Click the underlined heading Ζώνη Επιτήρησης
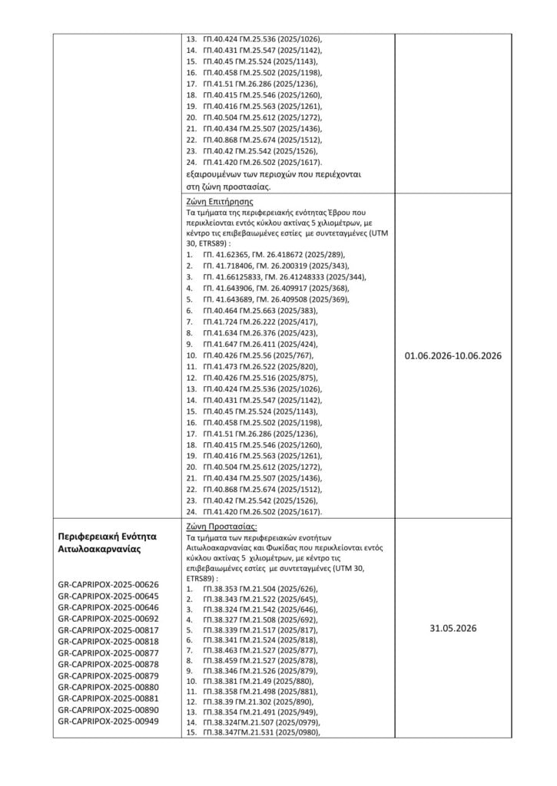pos(209,202)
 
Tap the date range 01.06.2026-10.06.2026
pos(453,356)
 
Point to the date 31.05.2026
pos(453,628)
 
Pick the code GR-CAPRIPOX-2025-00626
pos(108,585)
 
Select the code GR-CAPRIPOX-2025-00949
pos(108,722)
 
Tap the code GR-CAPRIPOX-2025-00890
pos(108,711)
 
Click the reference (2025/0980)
pos(297,732)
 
